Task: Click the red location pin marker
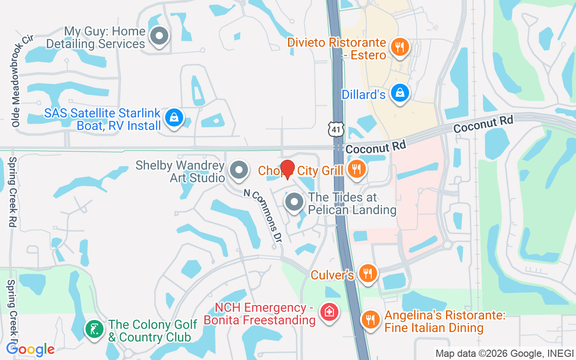click(x=287, y=170)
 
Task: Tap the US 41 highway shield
click(x=336, y=129)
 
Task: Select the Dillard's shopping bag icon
click(x=399, y=93)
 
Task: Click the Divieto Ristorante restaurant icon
click(x=399, y=46)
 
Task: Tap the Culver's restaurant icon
click(x=368, y=273)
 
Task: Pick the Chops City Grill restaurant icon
click(x=356, y=169)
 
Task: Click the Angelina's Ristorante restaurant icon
click(x=371, y=319)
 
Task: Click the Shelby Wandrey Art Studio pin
click(x=239, y=171)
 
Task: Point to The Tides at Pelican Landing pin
click(x=295, y=202)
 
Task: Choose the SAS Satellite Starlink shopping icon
click(x=173, y=118)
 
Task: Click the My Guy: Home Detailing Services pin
click(x=159, y=36)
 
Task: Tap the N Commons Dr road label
click(x=263, y=217)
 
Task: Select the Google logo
click(x=31, y=349)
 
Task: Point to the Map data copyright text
click(x=504, y=353)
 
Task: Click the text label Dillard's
click(x=364, y=95)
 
